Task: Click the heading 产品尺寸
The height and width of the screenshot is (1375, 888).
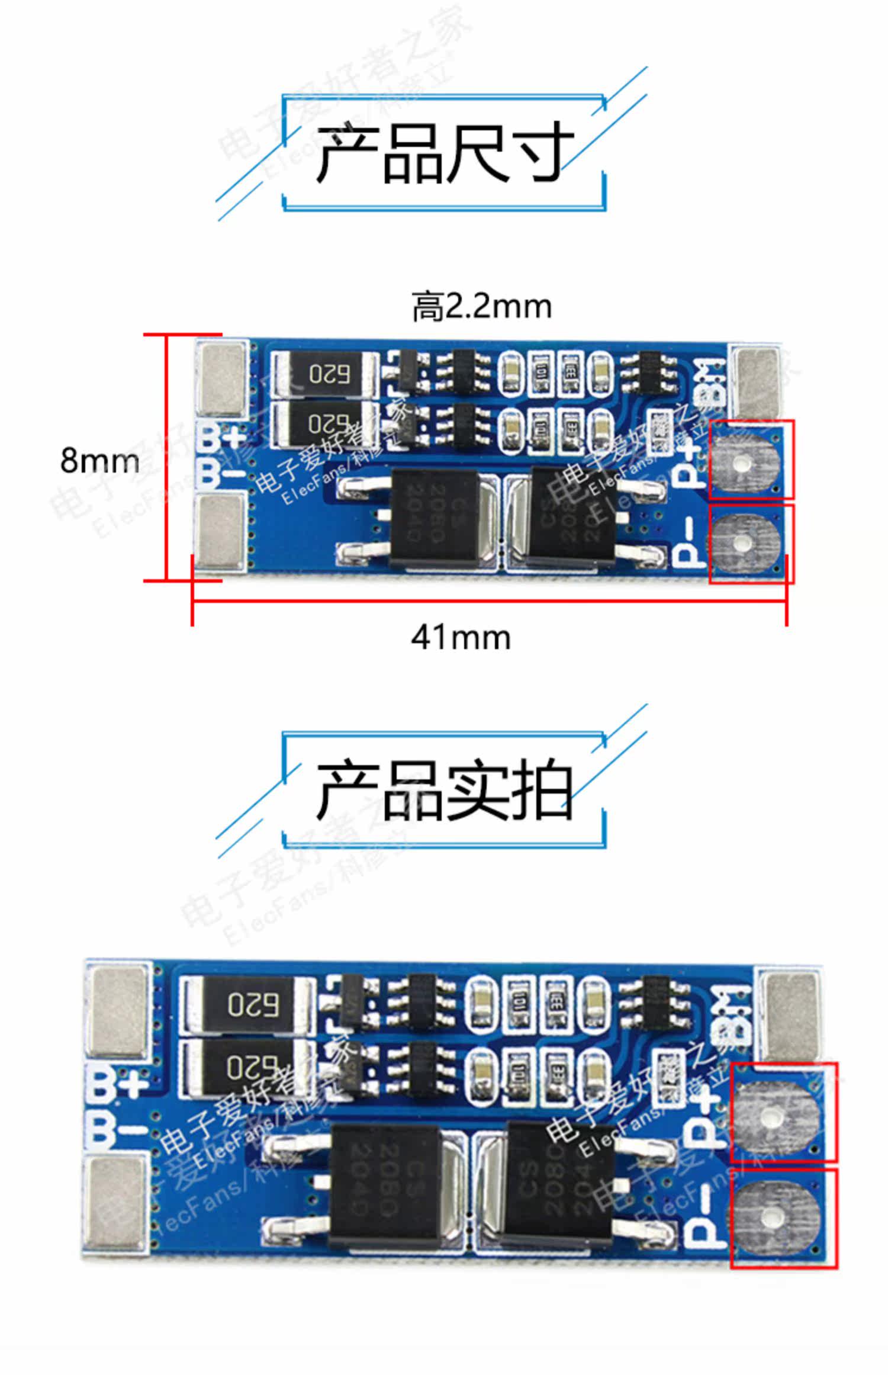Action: pos(444,153)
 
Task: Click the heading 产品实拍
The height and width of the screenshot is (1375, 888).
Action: pos(444,791)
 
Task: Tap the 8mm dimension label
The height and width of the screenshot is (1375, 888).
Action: pos(99,460)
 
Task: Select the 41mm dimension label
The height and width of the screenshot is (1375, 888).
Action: pos(461,638)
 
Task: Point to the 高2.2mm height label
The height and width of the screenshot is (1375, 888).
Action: pos(481,307)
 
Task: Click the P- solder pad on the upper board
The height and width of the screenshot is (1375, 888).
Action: pos(747,542)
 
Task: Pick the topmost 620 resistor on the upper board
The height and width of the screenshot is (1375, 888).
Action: pos(324,374)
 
